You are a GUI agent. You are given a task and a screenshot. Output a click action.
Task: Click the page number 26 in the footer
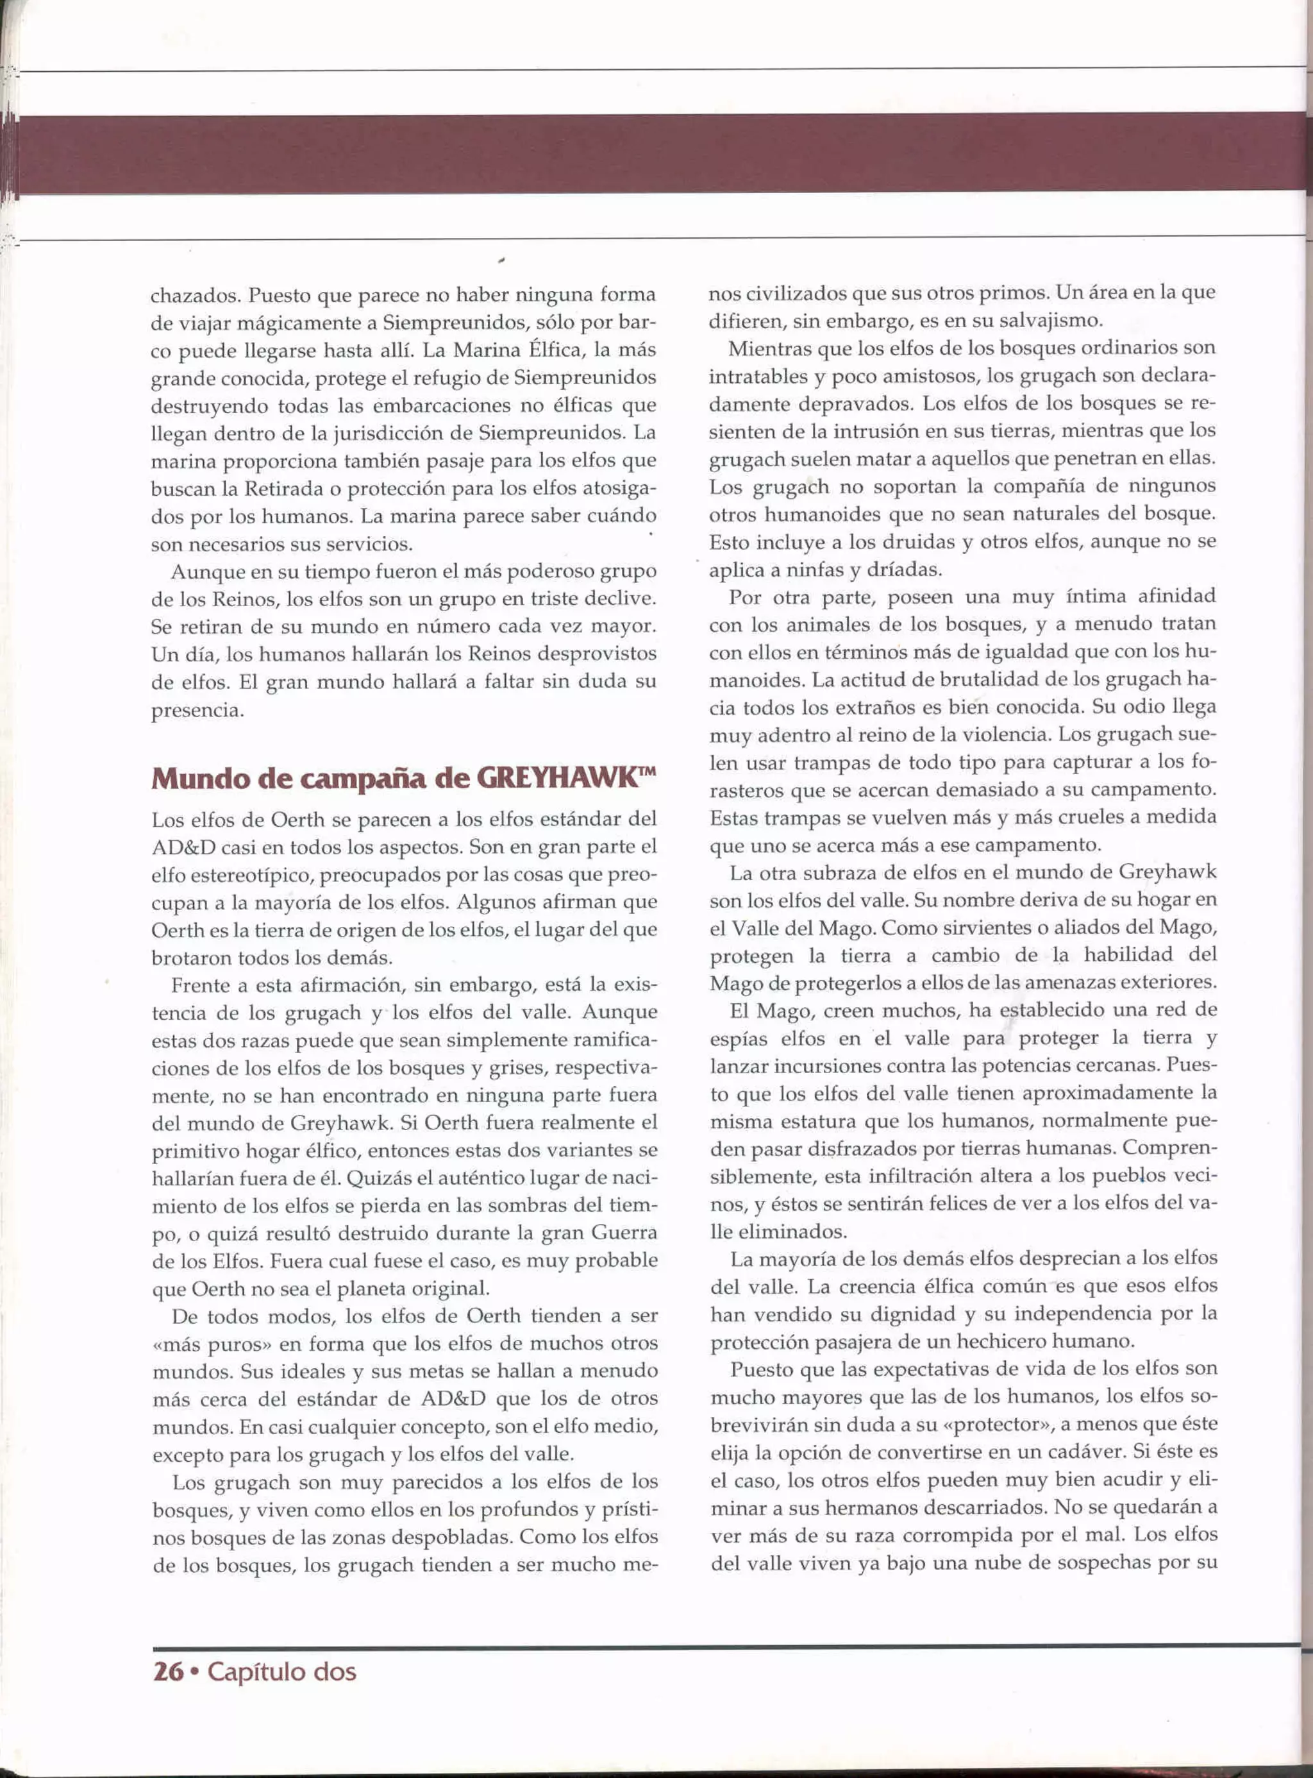168,1672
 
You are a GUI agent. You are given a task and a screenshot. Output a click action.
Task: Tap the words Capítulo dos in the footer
281,1672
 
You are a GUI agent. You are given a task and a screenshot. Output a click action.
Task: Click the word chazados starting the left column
195,295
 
